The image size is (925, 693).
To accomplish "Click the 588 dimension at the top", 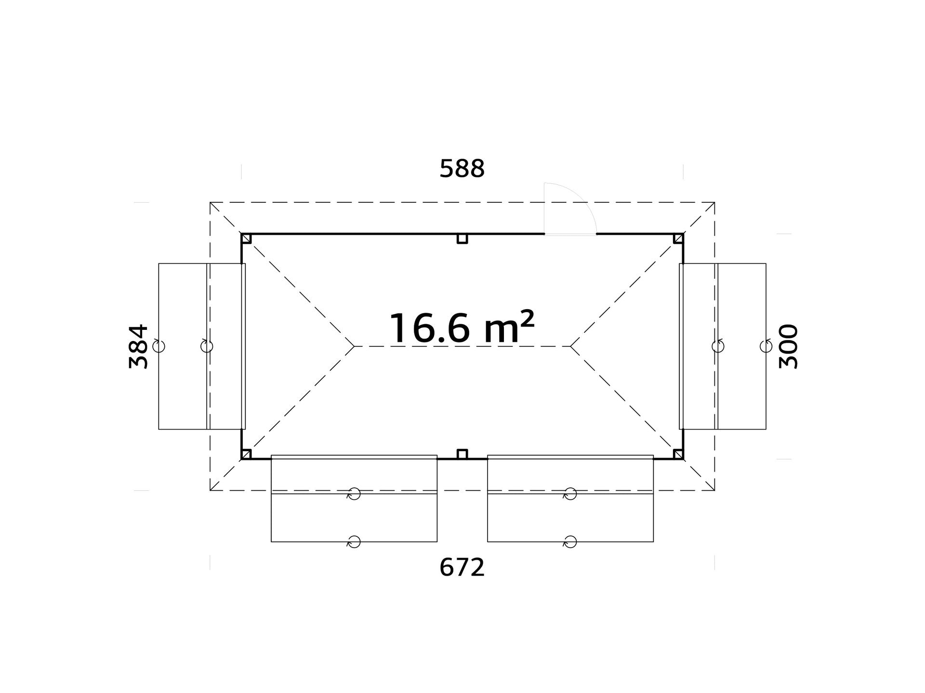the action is (x=462, y=169).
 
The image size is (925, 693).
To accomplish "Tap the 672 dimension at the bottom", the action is (x=462, y=568).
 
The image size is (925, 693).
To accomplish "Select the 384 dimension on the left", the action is (x=139, y=346).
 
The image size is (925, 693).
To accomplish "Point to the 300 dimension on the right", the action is (x=789, y=346).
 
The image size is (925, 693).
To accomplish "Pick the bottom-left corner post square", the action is (x=246, y=454).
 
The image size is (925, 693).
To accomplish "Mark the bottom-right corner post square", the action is (x=678, y=454).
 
